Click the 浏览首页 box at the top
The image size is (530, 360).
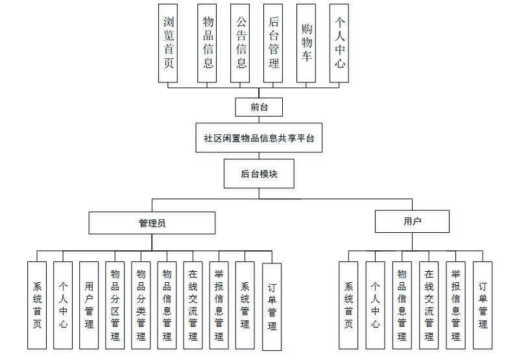169,43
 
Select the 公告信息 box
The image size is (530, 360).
241,43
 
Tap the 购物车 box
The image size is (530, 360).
306,43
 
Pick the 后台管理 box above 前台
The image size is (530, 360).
273,43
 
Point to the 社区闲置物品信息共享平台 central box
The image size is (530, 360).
259,138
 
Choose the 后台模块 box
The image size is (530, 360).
259,174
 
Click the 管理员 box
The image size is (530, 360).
152,222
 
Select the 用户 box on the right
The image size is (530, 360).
412,221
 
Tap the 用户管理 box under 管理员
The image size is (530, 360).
89,305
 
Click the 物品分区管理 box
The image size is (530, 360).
115,305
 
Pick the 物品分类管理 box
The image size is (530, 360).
141,305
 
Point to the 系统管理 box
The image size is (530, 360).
245,305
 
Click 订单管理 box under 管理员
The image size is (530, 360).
272,306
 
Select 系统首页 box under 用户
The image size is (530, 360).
348,305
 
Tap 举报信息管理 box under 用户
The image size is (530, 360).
455,305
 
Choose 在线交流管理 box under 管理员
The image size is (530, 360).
193,305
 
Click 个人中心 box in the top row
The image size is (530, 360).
339,43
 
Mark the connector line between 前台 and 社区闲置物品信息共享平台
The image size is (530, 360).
259,119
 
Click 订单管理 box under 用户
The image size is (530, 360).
483,305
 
